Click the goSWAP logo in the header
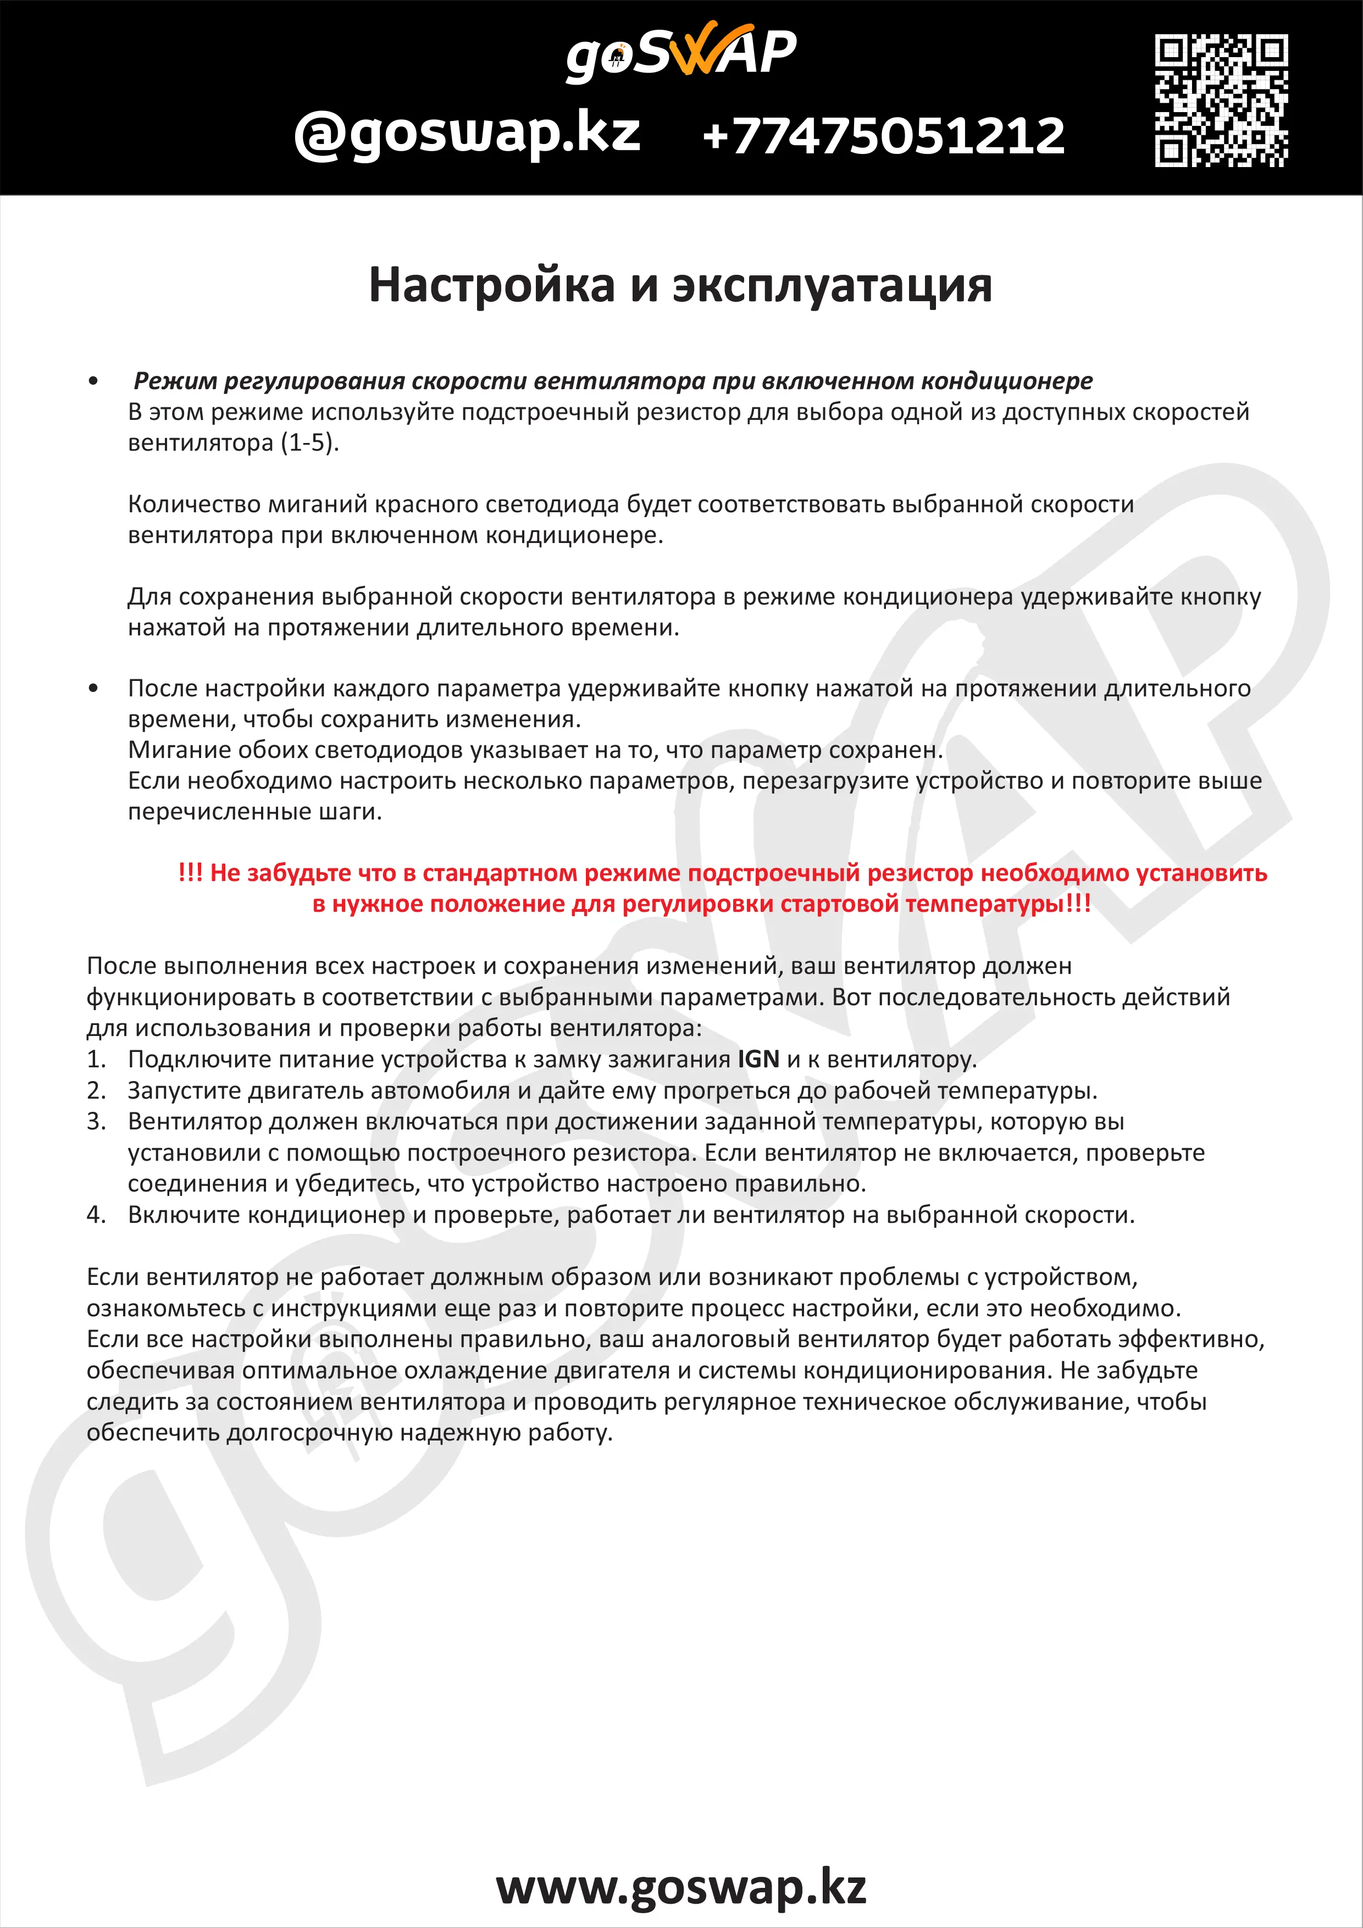point(681,52)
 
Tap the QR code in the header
point(1221,100)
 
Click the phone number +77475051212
point(883,136)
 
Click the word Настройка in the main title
point(492,285)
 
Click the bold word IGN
point(758,1059)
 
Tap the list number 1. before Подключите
point(97,1060)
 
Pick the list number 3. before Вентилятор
point(97,1122)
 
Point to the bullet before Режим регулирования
point(93,381)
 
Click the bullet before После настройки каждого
point(93,689)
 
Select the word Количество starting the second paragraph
point(195,504)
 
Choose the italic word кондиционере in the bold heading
point(1007,381)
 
